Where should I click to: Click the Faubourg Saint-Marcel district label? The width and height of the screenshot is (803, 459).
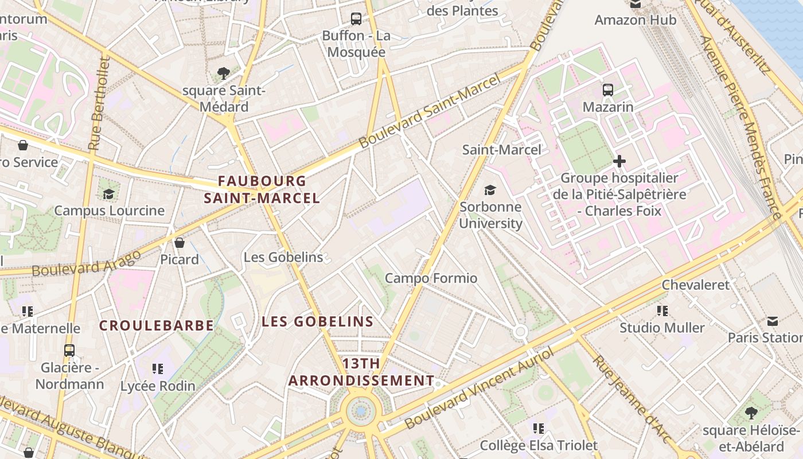click(262, 190)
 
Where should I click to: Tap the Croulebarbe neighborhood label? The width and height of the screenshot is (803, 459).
click(157, 326)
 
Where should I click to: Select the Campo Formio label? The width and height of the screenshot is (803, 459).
click(431, 278)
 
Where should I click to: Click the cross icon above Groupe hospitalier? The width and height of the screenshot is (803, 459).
click(619, 161)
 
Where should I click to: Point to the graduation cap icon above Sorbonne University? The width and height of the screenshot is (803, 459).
click(490, 190)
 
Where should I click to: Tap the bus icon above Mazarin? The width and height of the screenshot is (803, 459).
click(608, 90)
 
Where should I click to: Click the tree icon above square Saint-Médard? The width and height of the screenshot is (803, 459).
click(224, 73)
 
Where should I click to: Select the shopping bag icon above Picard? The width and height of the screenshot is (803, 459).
click(180, 243)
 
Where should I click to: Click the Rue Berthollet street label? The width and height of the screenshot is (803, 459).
click(99, 103)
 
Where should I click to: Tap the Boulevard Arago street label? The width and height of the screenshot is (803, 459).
click(86, 263)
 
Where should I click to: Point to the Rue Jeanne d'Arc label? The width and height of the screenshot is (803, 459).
click(631, 399)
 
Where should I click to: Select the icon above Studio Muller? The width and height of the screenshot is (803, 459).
click(662, 311)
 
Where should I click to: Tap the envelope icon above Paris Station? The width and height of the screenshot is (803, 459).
click(773, 321)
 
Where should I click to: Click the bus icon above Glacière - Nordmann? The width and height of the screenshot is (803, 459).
click(69, 350)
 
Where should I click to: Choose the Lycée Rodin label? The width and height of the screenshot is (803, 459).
click(158, 386)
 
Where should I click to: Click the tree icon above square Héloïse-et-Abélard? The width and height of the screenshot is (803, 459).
click(751, 413)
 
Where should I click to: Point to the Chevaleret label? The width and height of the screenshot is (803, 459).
click(696, 285)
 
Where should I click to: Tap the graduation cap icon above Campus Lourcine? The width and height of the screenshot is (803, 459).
click(108, 193)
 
